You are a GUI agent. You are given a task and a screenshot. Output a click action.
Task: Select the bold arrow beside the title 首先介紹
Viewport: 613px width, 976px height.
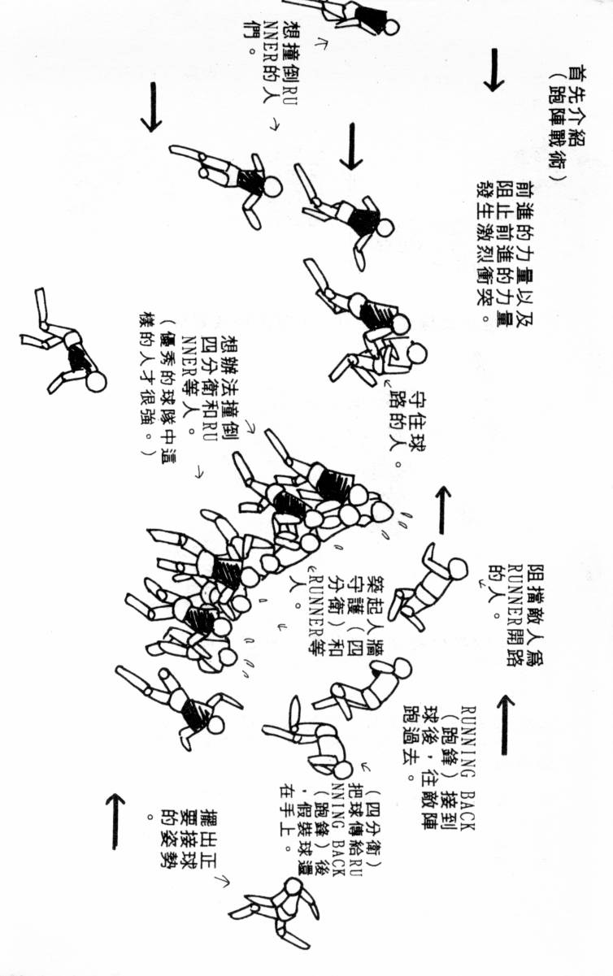tap(492, 70)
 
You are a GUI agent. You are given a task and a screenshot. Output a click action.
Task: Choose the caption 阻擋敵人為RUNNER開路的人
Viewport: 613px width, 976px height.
tap(512, 596)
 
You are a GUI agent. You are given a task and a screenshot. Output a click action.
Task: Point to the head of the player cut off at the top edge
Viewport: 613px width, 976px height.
tap(391, 27)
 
